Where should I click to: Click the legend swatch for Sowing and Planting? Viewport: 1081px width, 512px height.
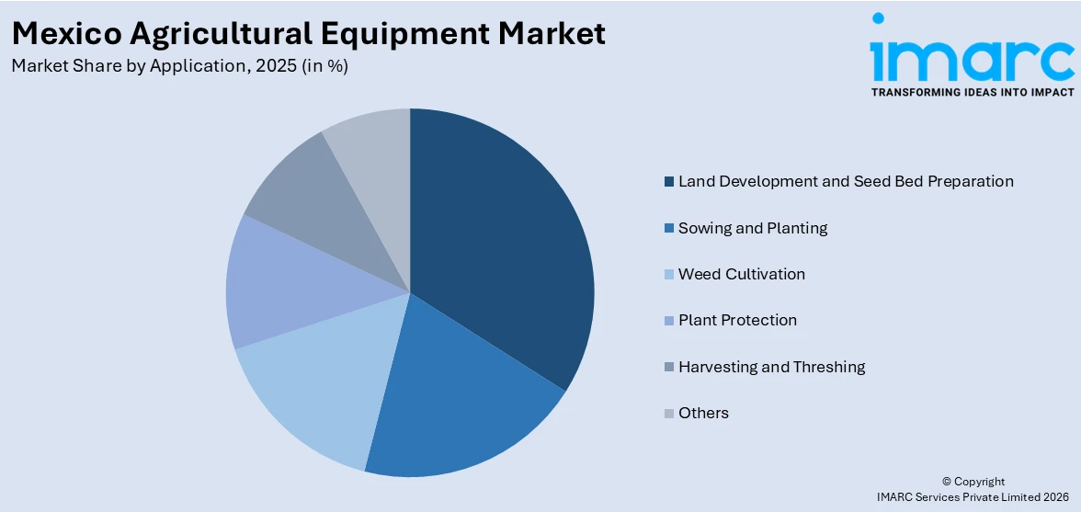(670, 228)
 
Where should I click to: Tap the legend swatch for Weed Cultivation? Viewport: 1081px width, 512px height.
(670, 274)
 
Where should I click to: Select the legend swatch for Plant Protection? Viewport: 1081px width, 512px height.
(670, 321)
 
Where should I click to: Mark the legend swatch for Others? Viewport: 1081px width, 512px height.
(670, 414)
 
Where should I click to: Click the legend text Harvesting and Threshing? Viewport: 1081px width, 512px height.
(771, 367)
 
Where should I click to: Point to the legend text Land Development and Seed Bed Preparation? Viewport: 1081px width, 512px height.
(846, 181)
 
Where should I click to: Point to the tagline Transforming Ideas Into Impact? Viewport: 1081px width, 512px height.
(972, 93)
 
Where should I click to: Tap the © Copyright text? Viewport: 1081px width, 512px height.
(973, 482)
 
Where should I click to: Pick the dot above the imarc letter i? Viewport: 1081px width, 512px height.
(878, 17)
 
